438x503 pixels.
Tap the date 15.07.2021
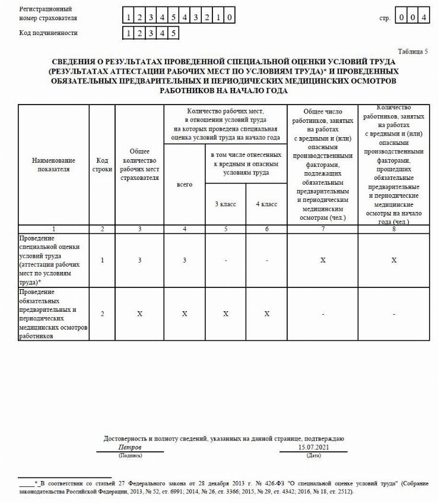tap(313, 447)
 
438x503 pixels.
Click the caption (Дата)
tap(313, 455)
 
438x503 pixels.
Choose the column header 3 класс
tap(225, 204)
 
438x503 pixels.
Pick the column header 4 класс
tap(266, 204)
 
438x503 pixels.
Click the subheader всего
tap(185, 185)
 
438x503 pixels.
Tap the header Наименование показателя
tap(53, 164)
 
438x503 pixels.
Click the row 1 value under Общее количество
tap(139, 260)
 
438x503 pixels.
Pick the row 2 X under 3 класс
tap(225, 314)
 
